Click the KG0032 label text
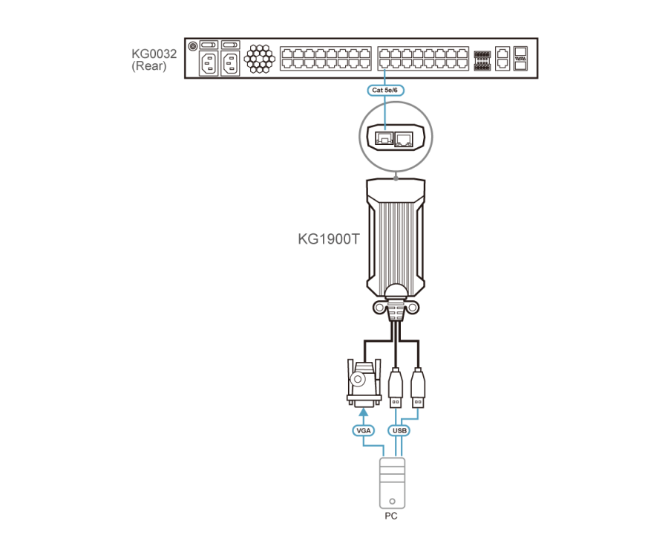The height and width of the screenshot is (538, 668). pos(154,54)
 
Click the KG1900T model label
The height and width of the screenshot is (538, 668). pos(329,239)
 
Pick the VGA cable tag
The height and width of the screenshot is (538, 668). pos(363,430)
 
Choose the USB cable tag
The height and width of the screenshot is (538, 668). pos(401,430)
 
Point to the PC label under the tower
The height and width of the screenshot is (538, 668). pos(391,514)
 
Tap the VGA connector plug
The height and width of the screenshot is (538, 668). pos(361,383)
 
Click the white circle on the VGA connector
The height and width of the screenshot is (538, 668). pos(358,380)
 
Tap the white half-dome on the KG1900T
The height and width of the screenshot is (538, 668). pos(396,291)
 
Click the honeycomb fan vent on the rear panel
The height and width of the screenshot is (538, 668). pos(259,59)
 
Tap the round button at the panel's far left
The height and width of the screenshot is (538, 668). pos(193,46)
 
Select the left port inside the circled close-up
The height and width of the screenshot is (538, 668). pos(384,137)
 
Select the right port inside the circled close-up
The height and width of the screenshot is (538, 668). pos(405,138)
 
